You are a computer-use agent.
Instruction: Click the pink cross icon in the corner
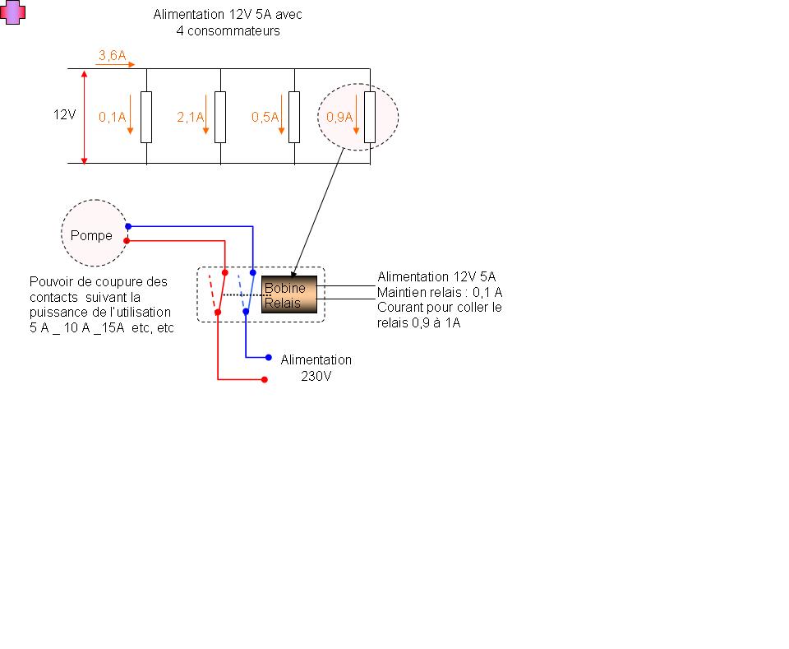point(12,12)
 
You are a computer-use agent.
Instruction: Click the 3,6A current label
point(112,55)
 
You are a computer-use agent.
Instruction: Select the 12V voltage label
point(65,115)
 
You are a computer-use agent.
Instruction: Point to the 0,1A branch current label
point(113,117)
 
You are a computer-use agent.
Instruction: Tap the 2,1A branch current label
point(190,117)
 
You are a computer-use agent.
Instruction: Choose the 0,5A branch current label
point(265,117)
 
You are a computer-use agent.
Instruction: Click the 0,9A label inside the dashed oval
point(339,117)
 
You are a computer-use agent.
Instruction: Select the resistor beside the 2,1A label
point(220,117)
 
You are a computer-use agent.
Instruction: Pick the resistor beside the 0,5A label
point(295,117)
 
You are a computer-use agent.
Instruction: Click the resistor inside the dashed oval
point(370,117)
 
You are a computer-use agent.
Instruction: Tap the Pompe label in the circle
point(91,235)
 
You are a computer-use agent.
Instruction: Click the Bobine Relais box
point(289,294)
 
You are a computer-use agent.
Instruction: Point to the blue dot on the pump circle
point(127,226)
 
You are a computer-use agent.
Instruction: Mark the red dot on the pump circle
point(126,241)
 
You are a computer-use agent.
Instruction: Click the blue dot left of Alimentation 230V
point(269,358)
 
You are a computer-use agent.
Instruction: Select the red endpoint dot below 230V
point(264,380)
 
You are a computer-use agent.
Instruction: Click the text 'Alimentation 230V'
point(316,367)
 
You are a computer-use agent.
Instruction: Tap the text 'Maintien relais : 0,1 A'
point(440,292)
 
